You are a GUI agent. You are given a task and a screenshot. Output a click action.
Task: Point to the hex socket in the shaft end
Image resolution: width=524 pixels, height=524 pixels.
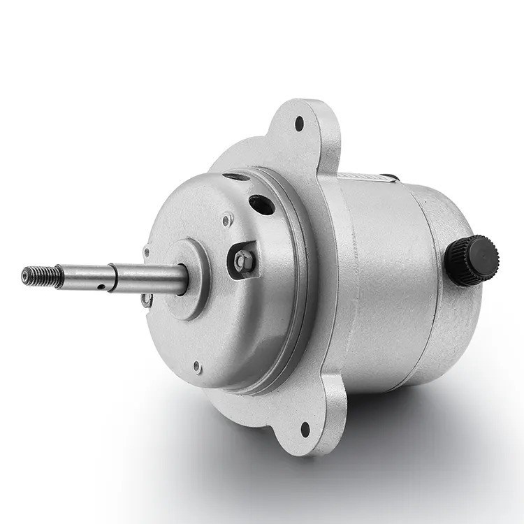tap(26, 276)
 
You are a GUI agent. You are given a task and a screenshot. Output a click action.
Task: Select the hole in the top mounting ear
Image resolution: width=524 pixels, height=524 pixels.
tap(300, 124)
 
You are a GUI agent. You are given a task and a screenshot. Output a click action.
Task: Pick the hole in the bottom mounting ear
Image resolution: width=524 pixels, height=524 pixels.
tap(305, 428)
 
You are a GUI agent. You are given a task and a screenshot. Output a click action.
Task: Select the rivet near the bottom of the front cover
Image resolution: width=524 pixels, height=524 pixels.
tap(197, 365)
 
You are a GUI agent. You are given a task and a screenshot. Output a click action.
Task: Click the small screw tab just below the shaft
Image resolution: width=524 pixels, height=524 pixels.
tap(146, 300)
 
